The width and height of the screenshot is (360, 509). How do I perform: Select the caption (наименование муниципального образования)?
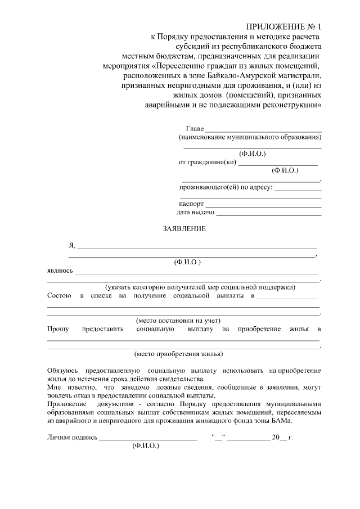click(250, 137)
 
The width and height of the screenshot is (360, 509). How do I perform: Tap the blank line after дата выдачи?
click(268, 214)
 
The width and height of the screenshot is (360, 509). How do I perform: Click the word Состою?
click(59, 295)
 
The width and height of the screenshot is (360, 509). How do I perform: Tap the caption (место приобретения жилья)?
click(178, 354)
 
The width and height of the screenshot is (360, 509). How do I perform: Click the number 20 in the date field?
click(276, 437)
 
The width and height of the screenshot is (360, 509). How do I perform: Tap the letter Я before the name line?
click(71, 245)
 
